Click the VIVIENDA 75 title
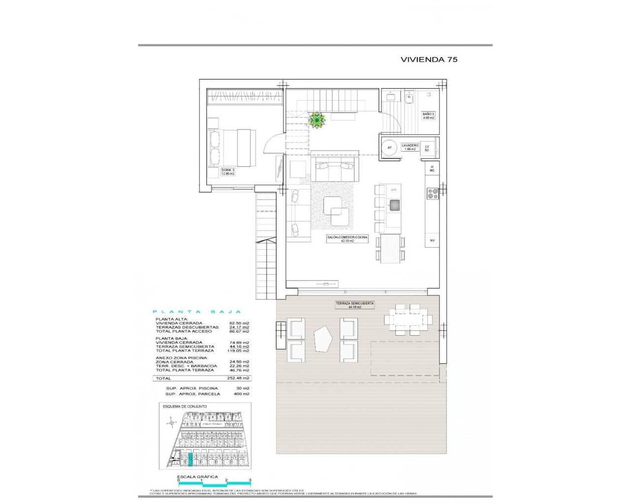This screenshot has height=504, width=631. click(x=429, y=60)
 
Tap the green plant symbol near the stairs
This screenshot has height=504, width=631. click(x=316, y=120)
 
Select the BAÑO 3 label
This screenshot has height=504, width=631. click(x=428, y=116)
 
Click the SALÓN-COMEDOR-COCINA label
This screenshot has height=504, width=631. click(x=348, y=239)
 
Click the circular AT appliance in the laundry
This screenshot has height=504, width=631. click(x=389, y=148)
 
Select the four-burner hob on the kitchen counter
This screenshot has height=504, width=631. click(x=432, y=194)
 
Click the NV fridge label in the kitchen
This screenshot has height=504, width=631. click(x=432, y=240)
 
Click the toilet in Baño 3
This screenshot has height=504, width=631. click(x=409, y=99)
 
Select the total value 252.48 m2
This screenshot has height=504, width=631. click(x=239, y=378)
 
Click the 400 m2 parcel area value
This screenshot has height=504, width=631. click(x=242, y=394)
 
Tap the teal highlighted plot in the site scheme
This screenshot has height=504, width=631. click(x=191, y=460)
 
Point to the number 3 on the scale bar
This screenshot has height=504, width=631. click(x=250, y=480)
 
